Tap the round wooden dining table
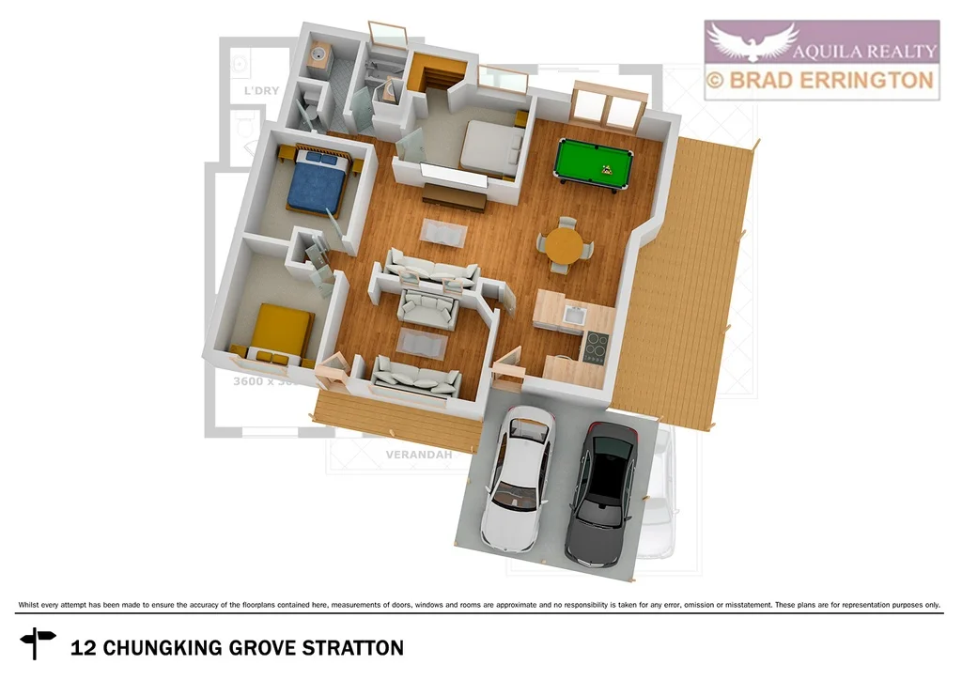click(565, 245)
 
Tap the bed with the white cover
click(491, 148)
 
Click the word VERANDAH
click(419, 455)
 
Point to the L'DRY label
click(260, 92)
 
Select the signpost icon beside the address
click(38, 642)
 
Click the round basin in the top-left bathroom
click(319, 55)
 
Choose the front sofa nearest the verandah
click(417, 378)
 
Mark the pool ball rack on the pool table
click(607, 171)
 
